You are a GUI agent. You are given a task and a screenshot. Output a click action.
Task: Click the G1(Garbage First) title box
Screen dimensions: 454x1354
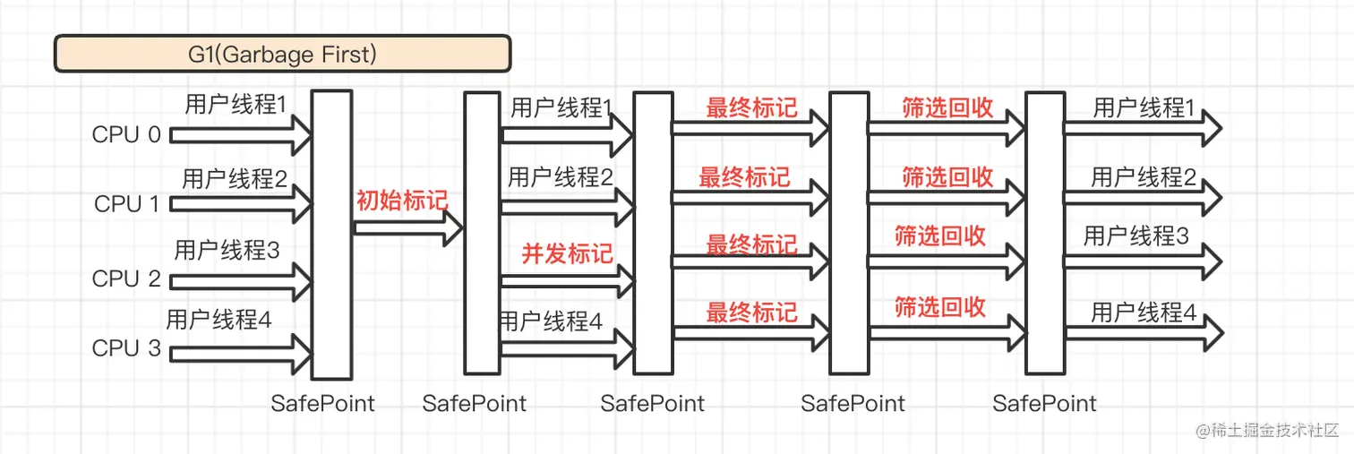click(282, 54)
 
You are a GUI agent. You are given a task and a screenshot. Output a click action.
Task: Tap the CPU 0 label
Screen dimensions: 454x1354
click(126, 135)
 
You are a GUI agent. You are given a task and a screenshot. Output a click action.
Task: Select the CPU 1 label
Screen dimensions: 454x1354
click(126, 204)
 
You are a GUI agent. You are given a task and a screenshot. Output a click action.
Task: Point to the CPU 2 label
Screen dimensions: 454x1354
click(126, 278)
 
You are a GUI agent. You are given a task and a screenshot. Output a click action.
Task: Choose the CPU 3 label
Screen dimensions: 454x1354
click(126, 348)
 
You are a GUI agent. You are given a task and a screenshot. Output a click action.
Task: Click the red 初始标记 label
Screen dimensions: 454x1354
click(401, 200)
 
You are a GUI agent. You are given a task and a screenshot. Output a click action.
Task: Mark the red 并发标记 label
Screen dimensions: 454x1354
click(567, 253)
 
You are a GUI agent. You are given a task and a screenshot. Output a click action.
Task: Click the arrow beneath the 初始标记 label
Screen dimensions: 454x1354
click(407, 228)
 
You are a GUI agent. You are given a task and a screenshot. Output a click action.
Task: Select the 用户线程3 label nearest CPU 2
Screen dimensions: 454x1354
click(227, 250)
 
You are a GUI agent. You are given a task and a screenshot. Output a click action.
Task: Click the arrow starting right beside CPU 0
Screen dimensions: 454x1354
click(240, 135)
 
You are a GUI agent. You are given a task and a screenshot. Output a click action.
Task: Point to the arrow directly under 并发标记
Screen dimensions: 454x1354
click(567, 281)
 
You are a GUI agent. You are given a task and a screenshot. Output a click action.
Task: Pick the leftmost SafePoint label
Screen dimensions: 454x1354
click(322, 404)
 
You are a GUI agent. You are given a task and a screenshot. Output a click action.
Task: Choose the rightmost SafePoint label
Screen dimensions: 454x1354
click(1044, 404)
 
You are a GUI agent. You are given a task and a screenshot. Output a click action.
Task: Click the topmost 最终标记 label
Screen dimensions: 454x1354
click(751, 108)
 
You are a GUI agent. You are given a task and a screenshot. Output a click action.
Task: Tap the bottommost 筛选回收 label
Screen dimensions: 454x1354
click(940, 307)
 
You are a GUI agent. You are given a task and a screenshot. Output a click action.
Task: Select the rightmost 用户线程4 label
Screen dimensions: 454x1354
click(1144, 313)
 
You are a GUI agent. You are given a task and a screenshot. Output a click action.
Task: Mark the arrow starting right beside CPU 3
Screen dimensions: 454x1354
click(240, 348)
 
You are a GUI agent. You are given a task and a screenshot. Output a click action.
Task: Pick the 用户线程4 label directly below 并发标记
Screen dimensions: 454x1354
click(551, 321)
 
